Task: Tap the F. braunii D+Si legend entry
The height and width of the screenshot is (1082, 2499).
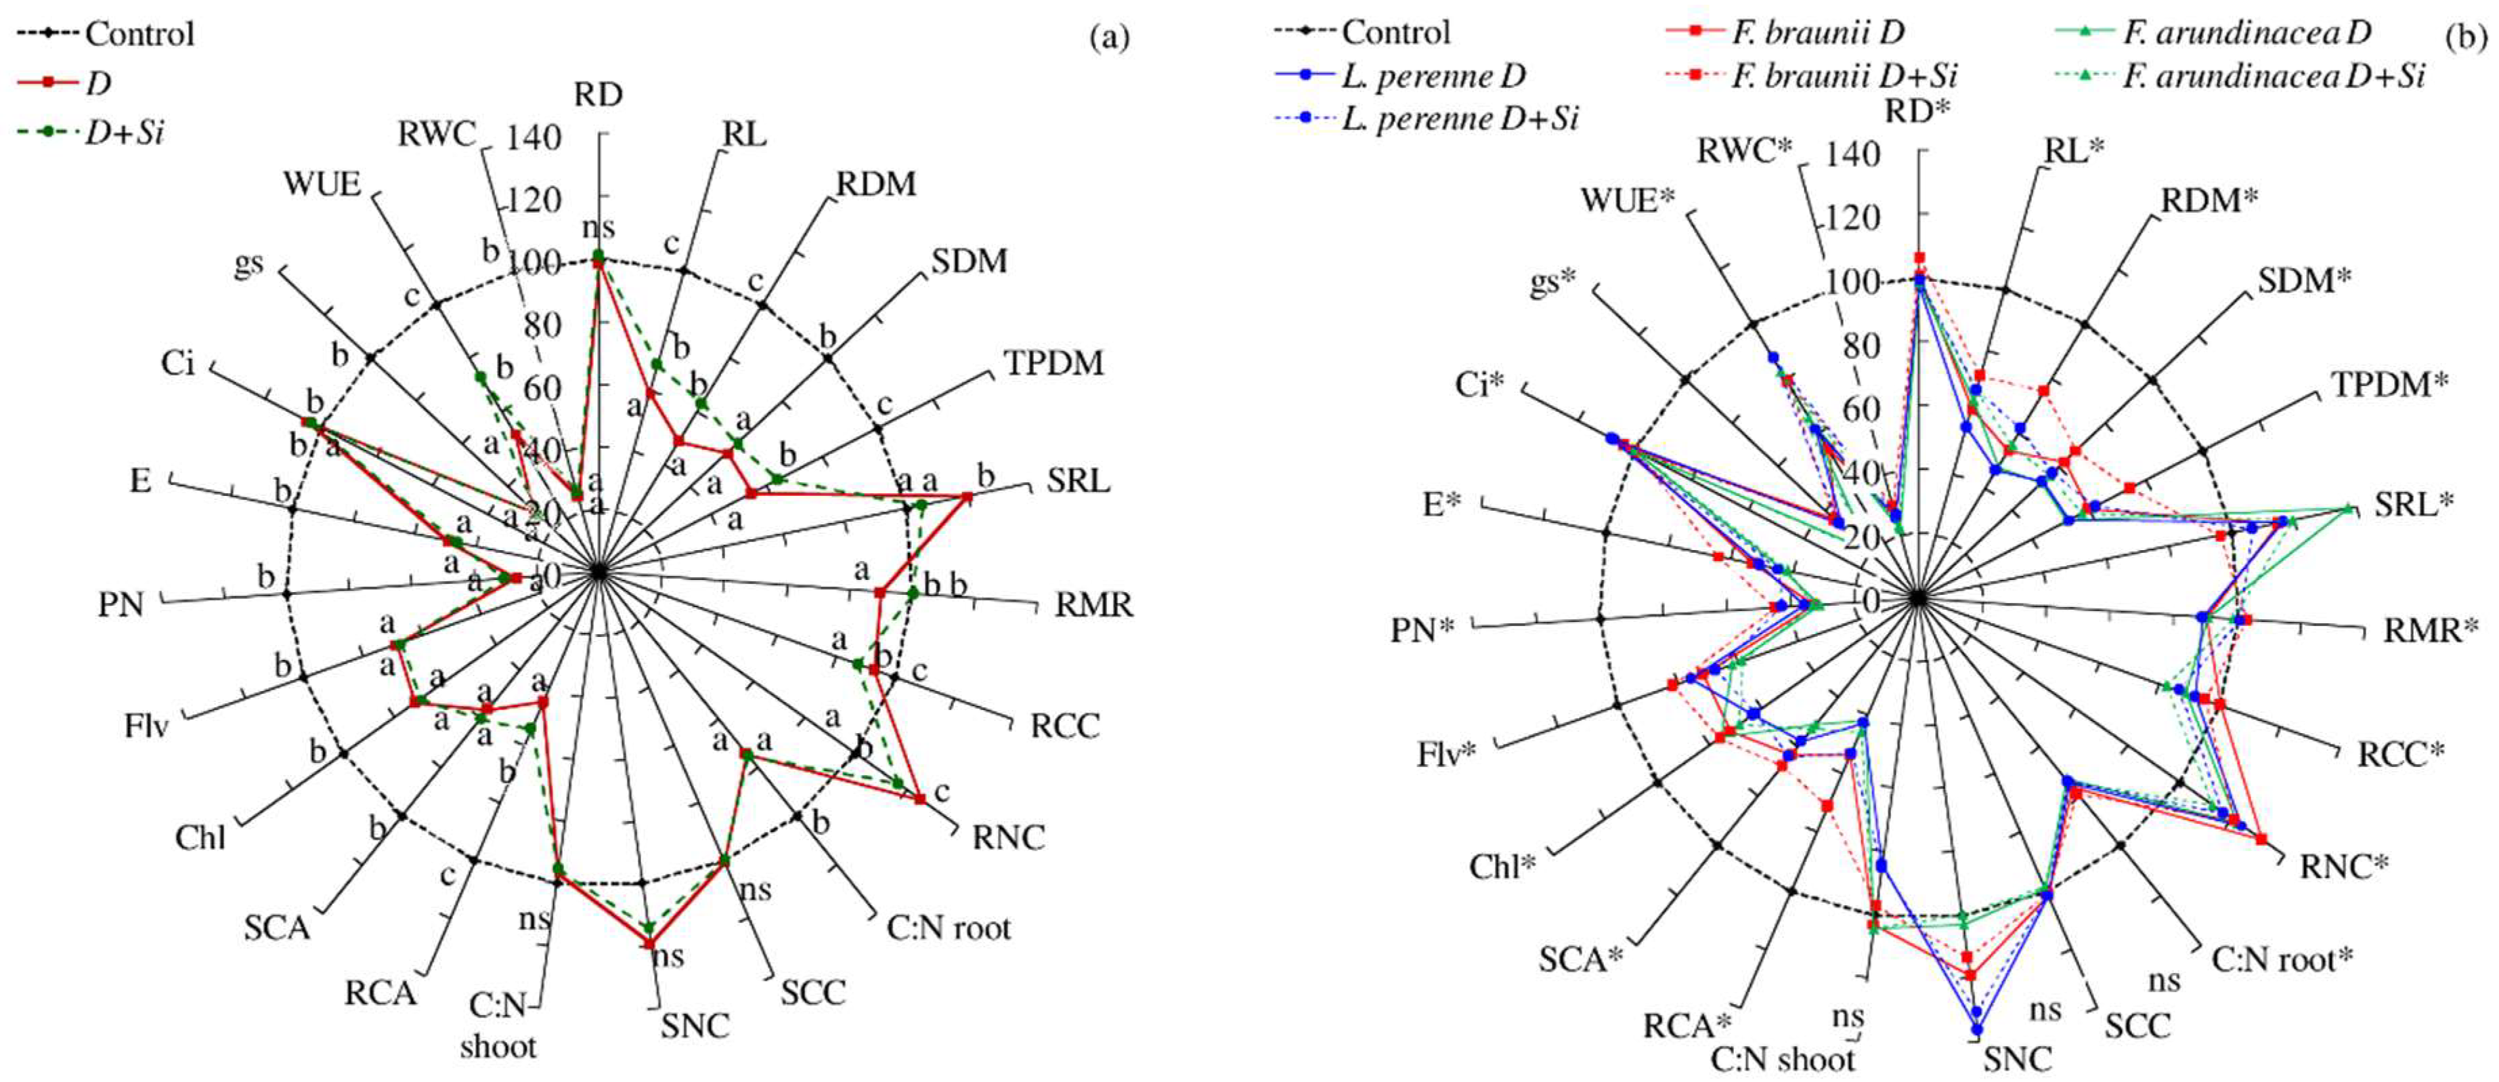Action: tap(1843, 76)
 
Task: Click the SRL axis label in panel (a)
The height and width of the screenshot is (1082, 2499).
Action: tap(1078, 480)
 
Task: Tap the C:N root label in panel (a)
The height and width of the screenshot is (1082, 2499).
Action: tap(948, 929)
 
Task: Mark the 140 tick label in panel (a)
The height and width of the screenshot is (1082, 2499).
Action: tap(534, 139)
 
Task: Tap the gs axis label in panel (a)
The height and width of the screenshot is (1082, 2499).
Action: tap(248, 264)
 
